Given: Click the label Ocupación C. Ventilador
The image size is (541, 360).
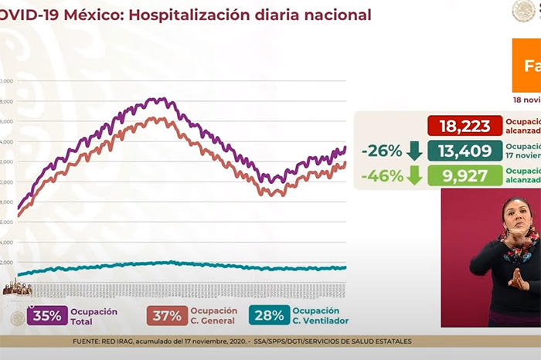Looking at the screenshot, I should pos(320,315).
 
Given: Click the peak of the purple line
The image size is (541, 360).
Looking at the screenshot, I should pos(161,99).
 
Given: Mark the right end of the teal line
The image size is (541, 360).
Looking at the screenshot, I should pos(345,268).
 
